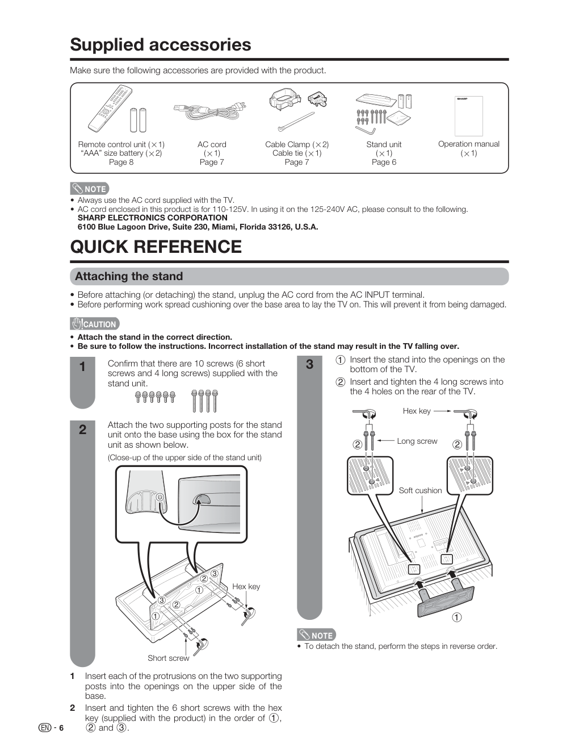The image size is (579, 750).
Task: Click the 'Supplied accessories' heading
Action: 160,45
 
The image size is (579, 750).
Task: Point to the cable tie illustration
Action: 296,122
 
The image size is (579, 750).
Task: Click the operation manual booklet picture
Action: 469,116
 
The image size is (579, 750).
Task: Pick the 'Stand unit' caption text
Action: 384,145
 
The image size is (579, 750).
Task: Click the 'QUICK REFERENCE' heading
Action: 156,247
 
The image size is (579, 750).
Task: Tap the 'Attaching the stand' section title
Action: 129,277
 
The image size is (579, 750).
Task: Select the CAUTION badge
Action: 95,324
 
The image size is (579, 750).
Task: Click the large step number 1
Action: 82,367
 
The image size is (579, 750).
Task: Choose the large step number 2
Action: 82,430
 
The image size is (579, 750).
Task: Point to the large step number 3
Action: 310,364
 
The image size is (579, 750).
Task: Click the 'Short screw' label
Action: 168,658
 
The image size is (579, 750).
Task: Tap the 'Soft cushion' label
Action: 420,490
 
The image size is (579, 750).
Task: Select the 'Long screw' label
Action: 417,441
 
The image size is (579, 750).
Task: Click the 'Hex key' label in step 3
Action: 417,411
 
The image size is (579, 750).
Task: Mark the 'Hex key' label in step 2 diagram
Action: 246,586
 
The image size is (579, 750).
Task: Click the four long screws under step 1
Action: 205,401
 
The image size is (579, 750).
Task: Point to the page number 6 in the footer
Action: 61,728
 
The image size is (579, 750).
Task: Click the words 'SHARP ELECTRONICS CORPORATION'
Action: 153,218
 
